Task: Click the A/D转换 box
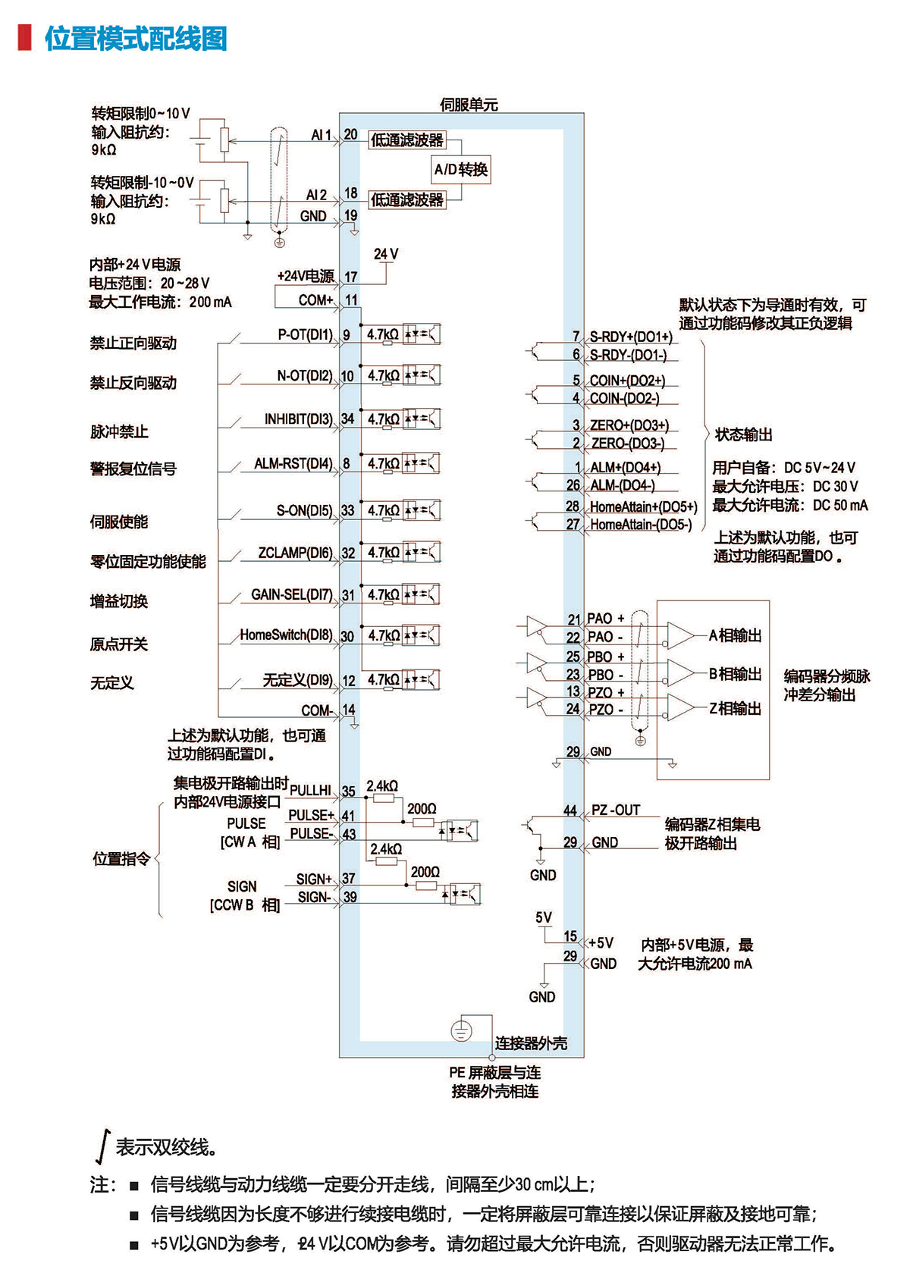point(460,169)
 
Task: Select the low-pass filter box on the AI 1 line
point(407,140)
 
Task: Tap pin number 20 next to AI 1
point(350,135)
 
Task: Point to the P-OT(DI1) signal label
point(305,334)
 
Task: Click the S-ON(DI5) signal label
point(304,511)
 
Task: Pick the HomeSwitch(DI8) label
point(286,635)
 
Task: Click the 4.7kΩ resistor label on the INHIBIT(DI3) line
point(383,419)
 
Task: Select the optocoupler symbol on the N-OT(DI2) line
point(422,375)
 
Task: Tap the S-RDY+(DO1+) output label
point(631,337)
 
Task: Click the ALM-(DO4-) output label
point(623,485)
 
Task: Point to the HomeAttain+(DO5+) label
point(643,506)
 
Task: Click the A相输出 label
point(735,635)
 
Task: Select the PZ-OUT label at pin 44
point(616,810)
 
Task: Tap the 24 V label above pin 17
point(386,255)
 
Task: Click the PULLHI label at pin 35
point(310,791)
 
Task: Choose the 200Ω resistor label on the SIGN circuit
point(425,873)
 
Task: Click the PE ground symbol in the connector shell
point(461,1031)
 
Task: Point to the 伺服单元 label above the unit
point(469,105)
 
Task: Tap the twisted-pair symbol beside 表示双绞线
point(102,1146)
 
